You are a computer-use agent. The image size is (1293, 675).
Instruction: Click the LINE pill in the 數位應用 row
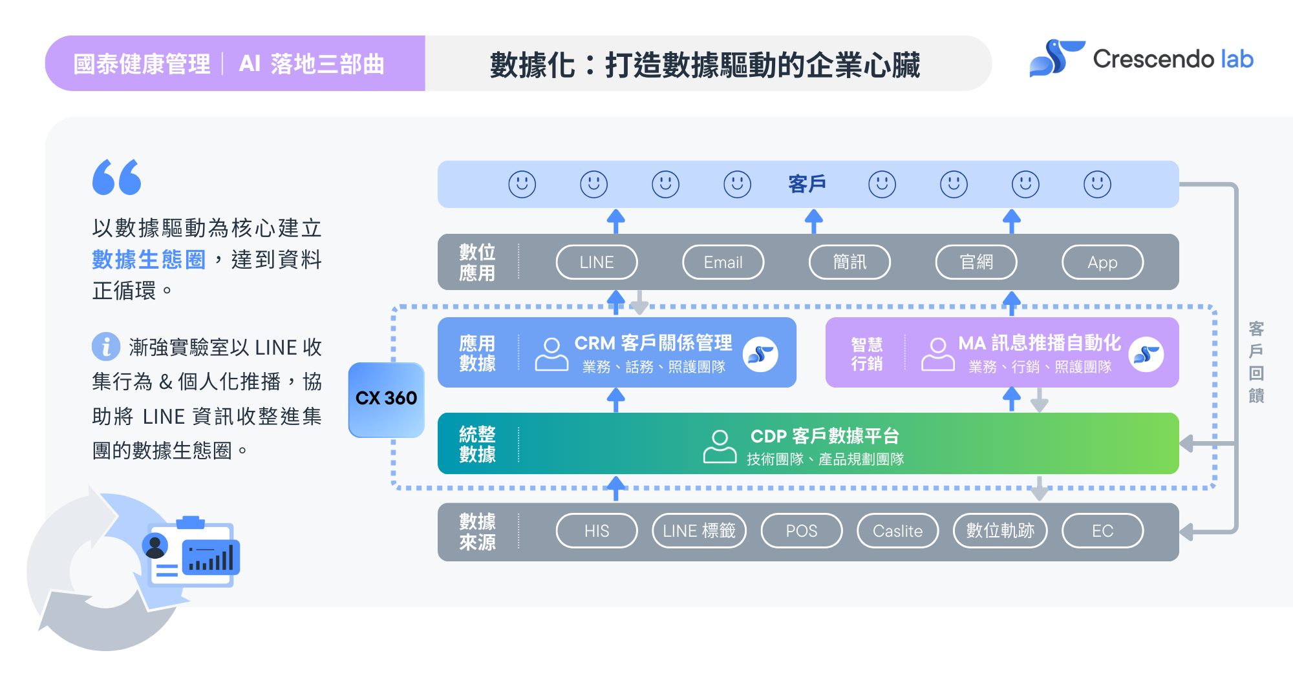tap(596, 262)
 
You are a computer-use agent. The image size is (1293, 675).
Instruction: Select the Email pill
tap(723, 262)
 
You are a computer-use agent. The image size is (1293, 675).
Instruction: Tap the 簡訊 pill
tap(850, 262)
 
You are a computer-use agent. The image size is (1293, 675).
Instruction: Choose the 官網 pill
tap(976, 262)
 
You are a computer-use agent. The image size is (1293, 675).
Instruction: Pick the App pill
tap(1102, 262)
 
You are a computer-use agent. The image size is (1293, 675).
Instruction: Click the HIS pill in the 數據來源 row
tap(596, 531)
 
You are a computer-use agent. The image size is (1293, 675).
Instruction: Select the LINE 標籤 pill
tap(699, 531)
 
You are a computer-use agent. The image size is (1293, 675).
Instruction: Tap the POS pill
tap(801, 531)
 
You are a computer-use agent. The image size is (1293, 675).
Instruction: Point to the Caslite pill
tap(897, 531)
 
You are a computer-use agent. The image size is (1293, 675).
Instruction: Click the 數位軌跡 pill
tap(1000, 531)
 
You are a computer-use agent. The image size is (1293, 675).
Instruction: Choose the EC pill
tap(1102, 531)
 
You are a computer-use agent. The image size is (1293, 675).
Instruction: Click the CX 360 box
tap(386, 399)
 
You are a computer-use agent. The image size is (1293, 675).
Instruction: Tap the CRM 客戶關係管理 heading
tap(653, 343)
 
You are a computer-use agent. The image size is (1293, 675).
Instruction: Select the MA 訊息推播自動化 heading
tap(1039, 343)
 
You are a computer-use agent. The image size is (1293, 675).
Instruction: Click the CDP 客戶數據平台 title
tap(824, 436)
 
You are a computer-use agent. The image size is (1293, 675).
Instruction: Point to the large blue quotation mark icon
tap(116, 177)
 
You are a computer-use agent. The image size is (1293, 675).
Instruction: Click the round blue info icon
tap(106, 347)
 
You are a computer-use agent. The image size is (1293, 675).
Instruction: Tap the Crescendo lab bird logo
tap(1056, 59)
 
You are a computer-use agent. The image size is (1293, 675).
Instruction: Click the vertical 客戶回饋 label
tap(1256, 362)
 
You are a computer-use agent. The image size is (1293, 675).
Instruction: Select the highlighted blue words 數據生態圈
tap(149, 260)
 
